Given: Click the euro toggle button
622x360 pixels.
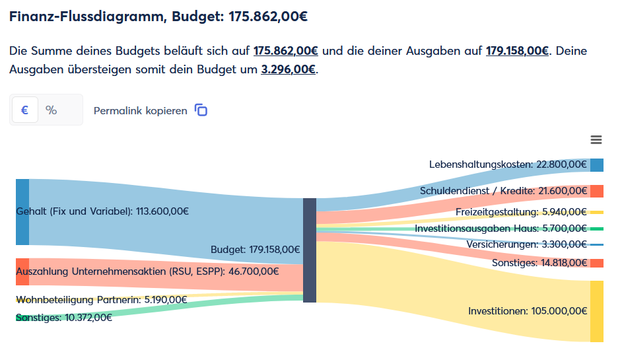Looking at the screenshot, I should click(24, 110).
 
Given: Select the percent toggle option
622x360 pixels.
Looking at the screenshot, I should click(52, 110).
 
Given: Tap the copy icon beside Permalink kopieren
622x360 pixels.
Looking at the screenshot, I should click(201, 110).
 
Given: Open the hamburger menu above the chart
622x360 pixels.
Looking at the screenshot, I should click(596, 139).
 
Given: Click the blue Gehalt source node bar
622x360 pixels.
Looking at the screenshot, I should click(22, 211).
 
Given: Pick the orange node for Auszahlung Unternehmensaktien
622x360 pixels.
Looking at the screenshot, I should click(22, 271).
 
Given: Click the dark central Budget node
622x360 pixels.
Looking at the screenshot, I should click(310, 250).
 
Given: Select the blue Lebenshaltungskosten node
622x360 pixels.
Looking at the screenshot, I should click(597, 165).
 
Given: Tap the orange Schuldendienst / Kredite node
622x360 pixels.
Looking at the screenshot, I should click(597, 191).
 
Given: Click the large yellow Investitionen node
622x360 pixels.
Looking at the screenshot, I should click(597, 311).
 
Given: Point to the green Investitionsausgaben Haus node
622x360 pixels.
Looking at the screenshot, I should click(597, 229).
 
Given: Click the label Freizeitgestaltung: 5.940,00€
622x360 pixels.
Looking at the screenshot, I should click(521, 212).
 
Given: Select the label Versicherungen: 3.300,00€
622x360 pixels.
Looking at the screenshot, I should click(527, 244).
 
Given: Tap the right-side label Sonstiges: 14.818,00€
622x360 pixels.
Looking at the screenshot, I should click(539, 263).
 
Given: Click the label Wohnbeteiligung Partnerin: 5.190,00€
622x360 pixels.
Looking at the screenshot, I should click(101, 300).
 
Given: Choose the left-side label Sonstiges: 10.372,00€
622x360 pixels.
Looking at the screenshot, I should click(64, 318).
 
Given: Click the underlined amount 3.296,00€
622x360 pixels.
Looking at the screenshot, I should click(289, 69).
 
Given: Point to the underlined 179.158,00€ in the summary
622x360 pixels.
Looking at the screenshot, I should click(517, 51).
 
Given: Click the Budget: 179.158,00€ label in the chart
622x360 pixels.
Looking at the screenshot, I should click(255, 250).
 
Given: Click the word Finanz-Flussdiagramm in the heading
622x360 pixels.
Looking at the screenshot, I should click(86, 17).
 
